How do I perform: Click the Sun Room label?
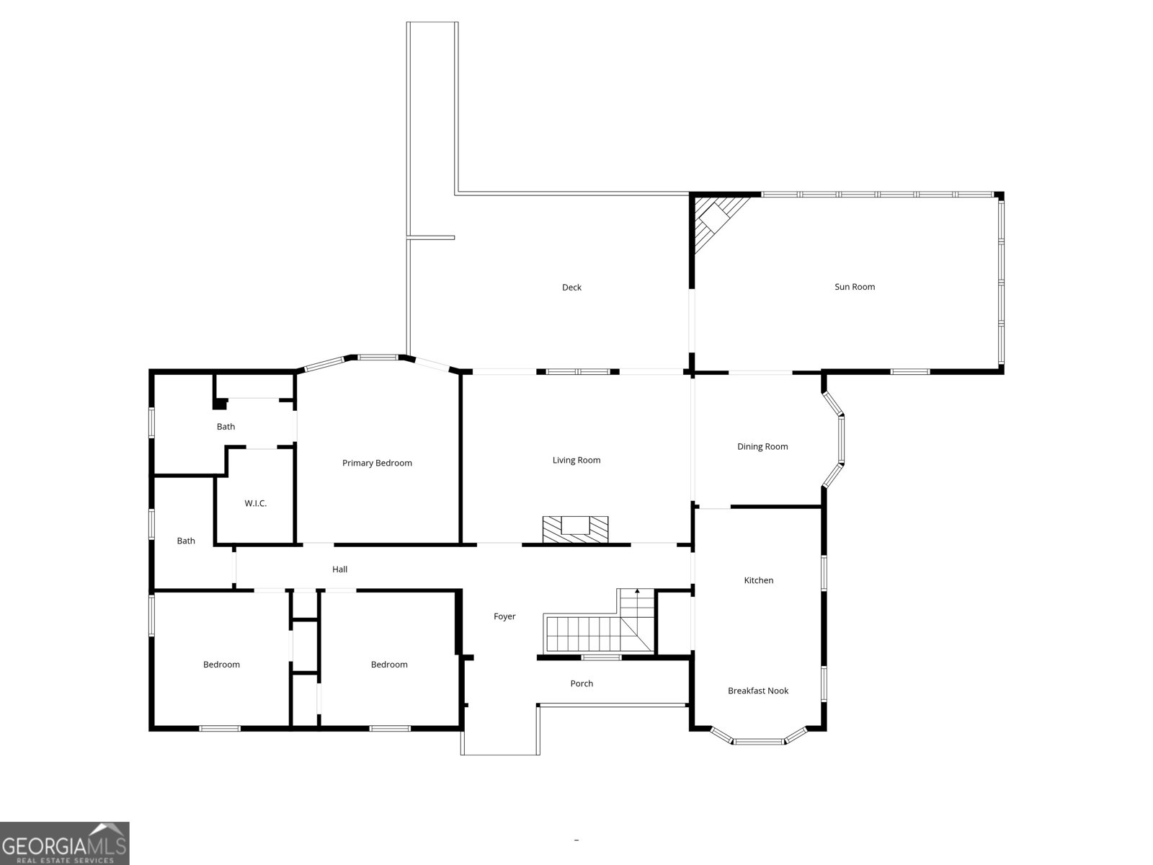click(x=855, y=287)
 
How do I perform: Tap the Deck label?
click(x=571, y=288)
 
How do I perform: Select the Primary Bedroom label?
click(x=377, y=463)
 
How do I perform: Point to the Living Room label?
click(x=576, y=460)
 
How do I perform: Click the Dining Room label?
click(x=762, y=447)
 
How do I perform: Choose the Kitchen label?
click(x=758, y=580)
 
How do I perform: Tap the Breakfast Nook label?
click(x=758, y=691)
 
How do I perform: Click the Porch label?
click(x=582, y=683)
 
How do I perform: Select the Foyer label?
click(x=504, y=616)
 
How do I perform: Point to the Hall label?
click(x=340, y=569)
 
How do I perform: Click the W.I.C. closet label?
click(x=256, y=503)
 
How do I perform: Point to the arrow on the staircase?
click(x=637, y=593)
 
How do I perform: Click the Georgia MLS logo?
click(x=64, y=843)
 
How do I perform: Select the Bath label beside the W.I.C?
click(x=226, y=427)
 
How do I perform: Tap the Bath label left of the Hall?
click(x=186, y=541)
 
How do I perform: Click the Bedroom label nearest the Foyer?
click(x=389, y=665)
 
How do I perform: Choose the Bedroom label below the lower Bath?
click(x=221, y=665)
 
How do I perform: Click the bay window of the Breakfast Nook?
click(x=758, y=740)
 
